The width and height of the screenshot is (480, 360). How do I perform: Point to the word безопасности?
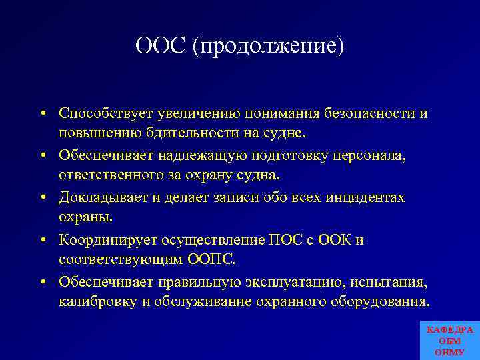[370, 114]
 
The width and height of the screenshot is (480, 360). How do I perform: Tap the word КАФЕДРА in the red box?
[449, 330]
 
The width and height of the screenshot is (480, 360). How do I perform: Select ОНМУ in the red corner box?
[449, 351]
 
